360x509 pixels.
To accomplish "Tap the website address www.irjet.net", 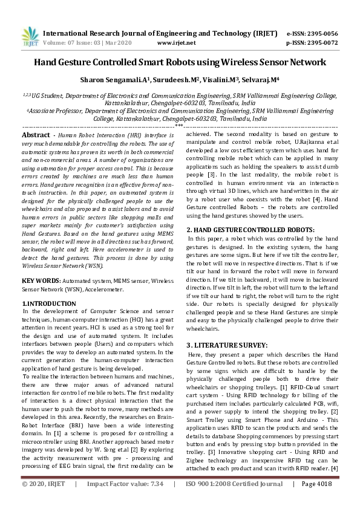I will (x=176, y=43).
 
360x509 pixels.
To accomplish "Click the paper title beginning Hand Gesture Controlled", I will (x=180, y=62).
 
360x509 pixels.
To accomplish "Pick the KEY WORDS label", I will (x=40, y=280).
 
